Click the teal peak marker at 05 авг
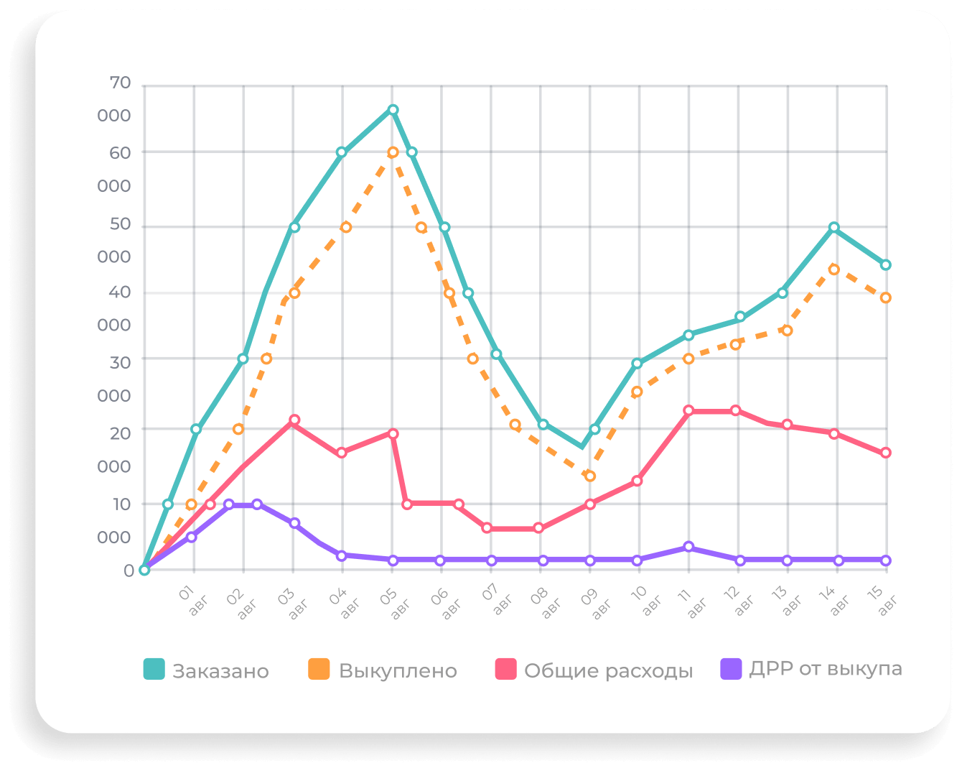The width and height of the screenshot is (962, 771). [x=393, y=110]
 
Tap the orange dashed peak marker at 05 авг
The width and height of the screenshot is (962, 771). [x=393, y=152]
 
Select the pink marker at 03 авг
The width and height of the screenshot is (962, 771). [x=294, y=420]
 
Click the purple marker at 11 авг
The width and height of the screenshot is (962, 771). [x=688, y=547]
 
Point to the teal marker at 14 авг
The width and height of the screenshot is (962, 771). [x=833, y=227]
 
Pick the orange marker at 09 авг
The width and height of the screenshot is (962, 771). [x=590, y=476]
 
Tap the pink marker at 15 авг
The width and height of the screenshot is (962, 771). [x=886, y=453]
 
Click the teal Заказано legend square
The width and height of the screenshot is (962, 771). [x=154, y=669]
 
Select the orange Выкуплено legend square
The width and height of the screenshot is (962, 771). [x=319, y=669]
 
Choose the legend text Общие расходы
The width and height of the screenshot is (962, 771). [x=608, y=670]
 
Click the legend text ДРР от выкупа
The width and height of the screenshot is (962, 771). [x=825, y=669]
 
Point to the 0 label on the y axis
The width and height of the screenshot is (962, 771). [x=129, y=571]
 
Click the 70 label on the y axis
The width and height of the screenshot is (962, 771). [x=120, y=83]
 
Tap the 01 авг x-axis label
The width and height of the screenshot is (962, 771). [x=192, y=601]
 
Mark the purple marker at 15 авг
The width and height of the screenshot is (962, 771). [x=886, y=560]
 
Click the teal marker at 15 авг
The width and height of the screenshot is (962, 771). [x=886, y=265]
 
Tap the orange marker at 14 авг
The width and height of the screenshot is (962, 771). [x=833, y=269]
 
